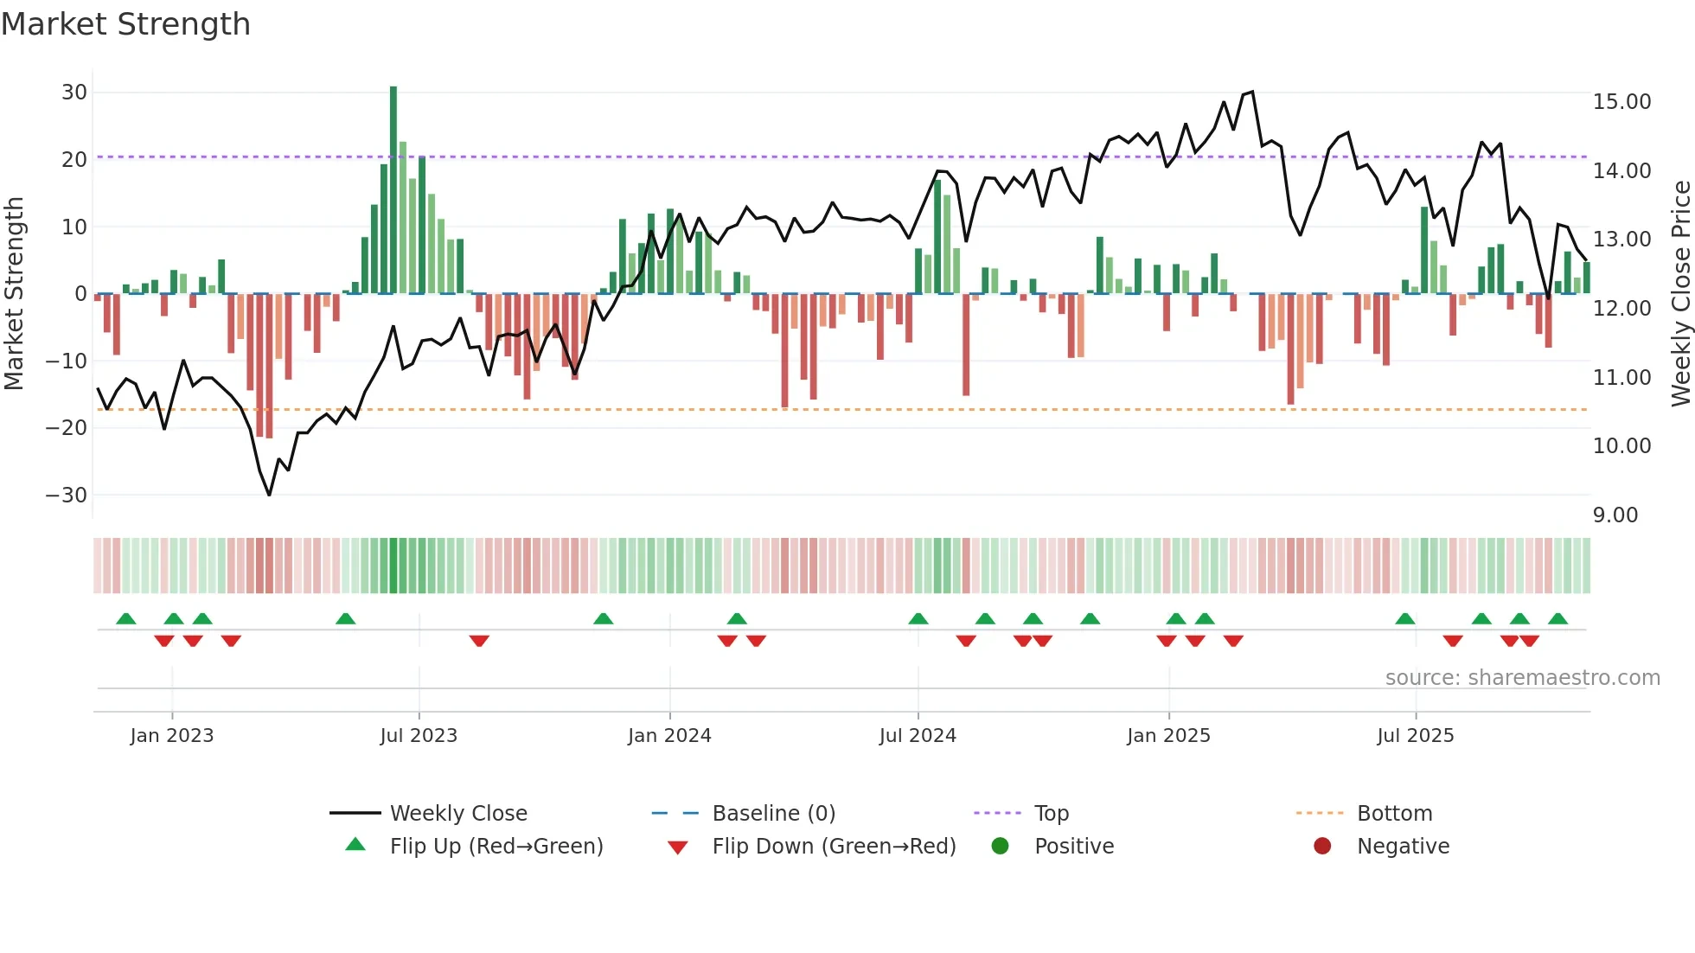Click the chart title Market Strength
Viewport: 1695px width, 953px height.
point(125,24)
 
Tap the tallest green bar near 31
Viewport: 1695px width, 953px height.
point(393,190)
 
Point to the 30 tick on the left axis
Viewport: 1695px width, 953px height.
point(74,93)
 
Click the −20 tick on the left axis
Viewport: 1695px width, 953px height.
point(67,427)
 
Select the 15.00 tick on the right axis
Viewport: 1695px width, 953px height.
point(1621,102)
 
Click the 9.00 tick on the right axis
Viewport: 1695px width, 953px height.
point(1615,515)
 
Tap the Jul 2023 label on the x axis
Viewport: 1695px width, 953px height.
point(419,736)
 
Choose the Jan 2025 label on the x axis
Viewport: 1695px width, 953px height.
point(1168,736)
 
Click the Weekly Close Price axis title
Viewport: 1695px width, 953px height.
point(1680,294)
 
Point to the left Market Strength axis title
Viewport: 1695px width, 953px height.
point(14,294)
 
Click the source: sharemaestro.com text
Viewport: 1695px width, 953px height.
point(1522,678)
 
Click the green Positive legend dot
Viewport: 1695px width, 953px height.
point(1001,847)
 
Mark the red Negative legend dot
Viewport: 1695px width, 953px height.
point(1322,847)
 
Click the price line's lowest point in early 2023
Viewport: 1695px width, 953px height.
point(269,495)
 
